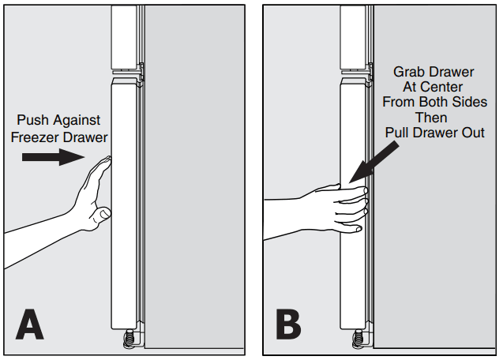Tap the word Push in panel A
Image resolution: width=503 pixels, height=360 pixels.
[x=34, y=121]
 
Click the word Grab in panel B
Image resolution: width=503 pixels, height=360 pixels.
[x=409, y=72]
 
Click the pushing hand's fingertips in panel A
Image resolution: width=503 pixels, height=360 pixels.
[x=105, y=163]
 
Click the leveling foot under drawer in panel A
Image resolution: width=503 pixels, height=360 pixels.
[x=127, y=338]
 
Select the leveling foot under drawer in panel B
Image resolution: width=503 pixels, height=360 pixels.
[x=358, y=338]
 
